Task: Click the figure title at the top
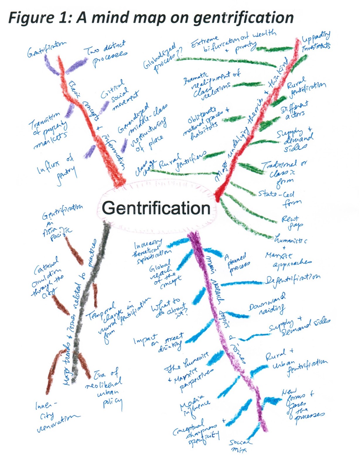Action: [151, 18]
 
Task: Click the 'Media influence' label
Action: [195, 406]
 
